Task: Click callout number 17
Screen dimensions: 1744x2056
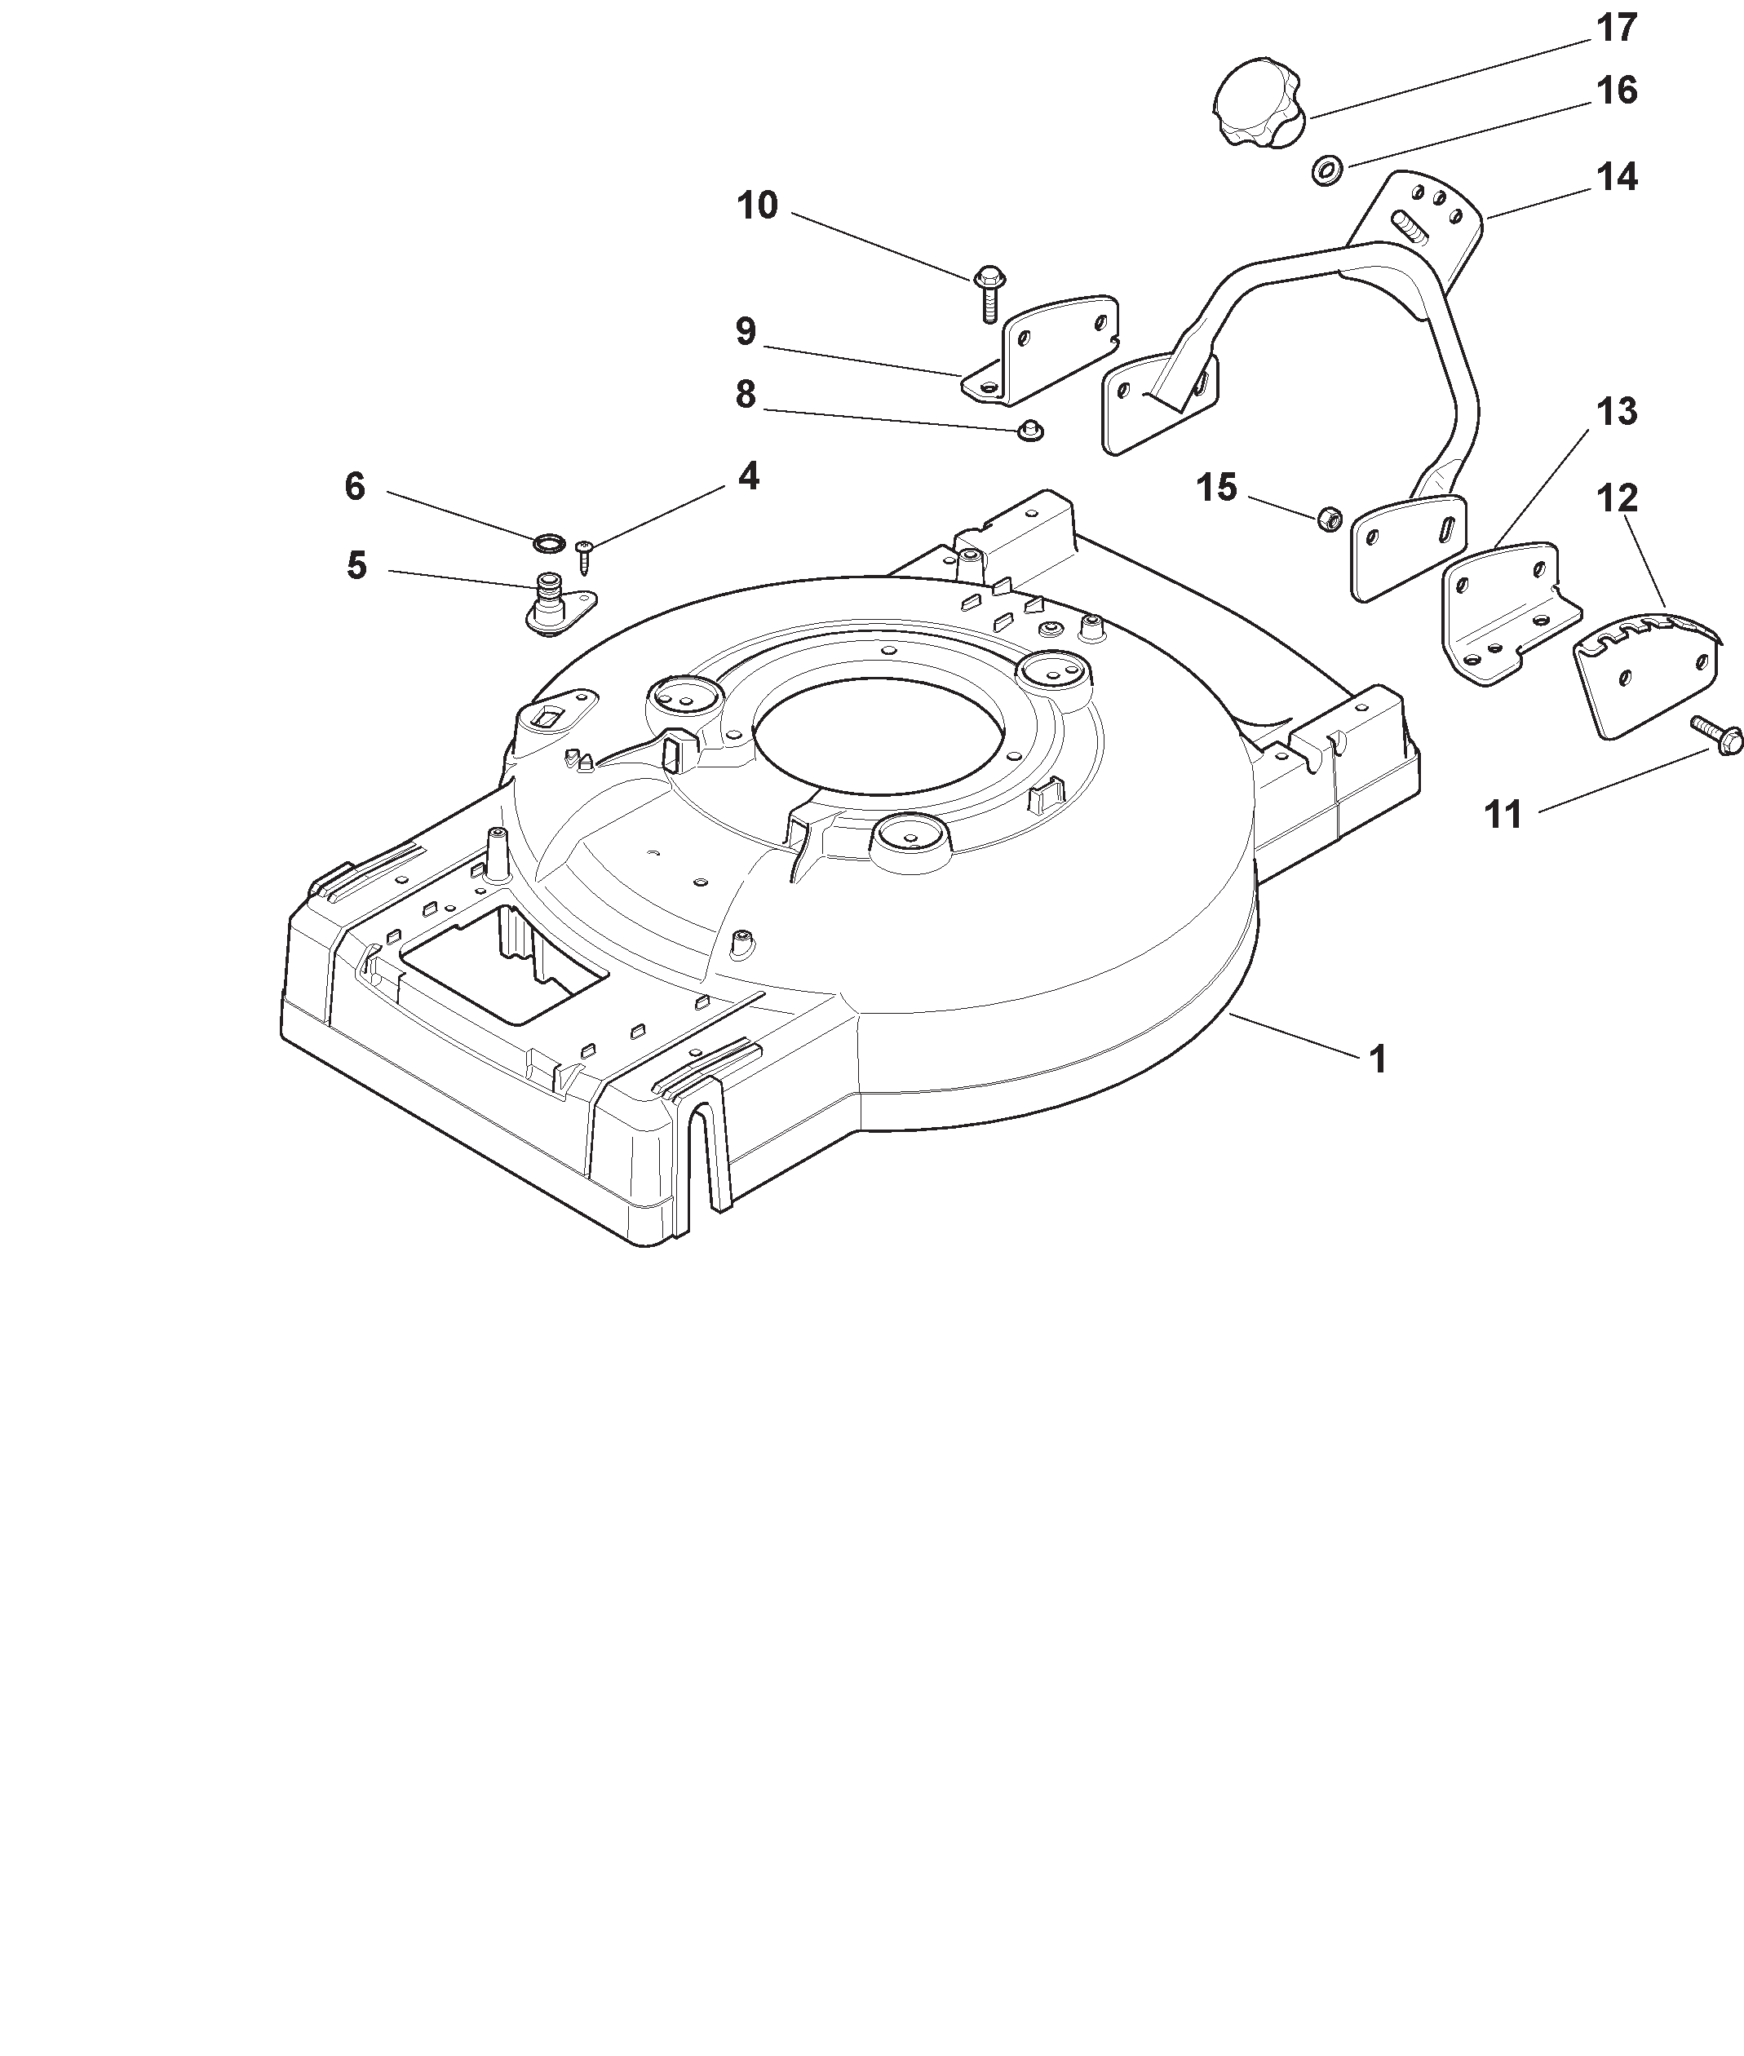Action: (x=1617, y=29)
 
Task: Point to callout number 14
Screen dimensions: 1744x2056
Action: (x=1617, y=177)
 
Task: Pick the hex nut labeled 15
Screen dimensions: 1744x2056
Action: (x=1330, y=517)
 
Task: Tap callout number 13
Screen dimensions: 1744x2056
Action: (x=1617, y=411)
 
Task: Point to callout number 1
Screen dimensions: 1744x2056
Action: (x=1377, y=1059)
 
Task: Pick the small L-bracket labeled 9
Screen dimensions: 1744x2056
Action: (x=1040, y=349)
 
